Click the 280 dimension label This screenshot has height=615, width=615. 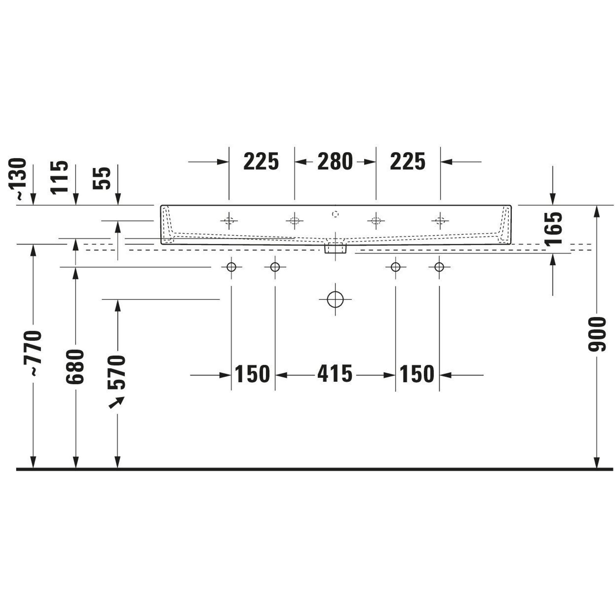pyautogui.click(x=335, y=162)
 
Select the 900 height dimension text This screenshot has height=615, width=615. pyautogui.click(x=597, y=334)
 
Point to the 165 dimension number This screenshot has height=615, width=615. pyautogui.click(x=553, y=228)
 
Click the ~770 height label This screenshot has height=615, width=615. pyautogui.click(x=33, y=353)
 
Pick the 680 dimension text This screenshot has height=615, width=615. pyautogui.click(x=75, y=367)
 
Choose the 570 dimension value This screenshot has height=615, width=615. pyautogui.click(x=117, y=372)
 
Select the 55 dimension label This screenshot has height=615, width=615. pyautogui.click(x=102, y=178)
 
